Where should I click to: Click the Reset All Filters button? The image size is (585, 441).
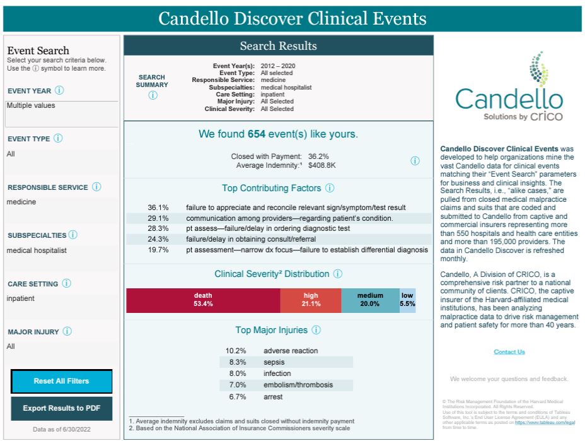click(61, 381)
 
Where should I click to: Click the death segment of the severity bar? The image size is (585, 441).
click(203, 300)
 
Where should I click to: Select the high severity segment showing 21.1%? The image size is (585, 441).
click(311, 300)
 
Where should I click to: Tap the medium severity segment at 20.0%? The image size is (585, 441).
click(370, 300)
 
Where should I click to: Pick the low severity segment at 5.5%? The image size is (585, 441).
click(407, 300)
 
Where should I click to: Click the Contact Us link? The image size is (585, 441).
click(509, 352)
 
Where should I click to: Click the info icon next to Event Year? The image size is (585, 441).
click(59, 91)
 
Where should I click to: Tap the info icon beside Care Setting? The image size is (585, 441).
click(66, 284)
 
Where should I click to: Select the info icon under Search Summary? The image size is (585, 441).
click(153, 95)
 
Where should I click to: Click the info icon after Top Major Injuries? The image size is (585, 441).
click(316, 330)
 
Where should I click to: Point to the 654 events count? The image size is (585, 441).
click(256, 134)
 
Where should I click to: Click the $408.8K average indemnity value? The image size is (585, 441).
click(321, 165)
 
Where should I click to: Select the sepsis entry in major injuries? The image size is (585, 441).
click(273, 362)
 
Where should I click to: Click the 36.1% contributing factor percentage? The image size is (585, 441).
click(158, 208)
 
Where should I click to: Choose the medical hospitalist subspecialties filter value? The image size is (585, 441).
click(36, 250)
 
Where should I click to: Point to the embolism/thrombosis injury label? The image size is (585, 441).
click(298, 385)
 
